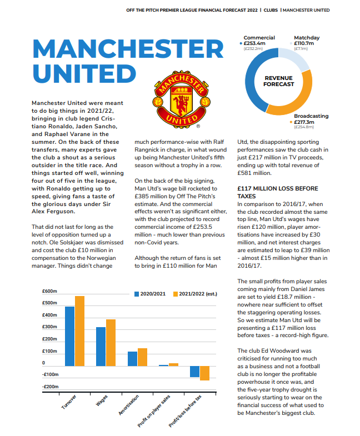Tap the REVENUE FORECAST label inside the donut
(278, 81)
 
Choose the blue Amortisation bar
(132, 359)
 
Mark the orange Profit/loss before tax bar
(204, 373)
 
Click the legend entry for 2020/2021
(151, 293)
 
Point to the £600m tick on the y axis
(50, 291)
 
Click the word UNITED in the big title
(84, 74)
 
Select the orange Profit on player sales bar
(173, 364)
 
